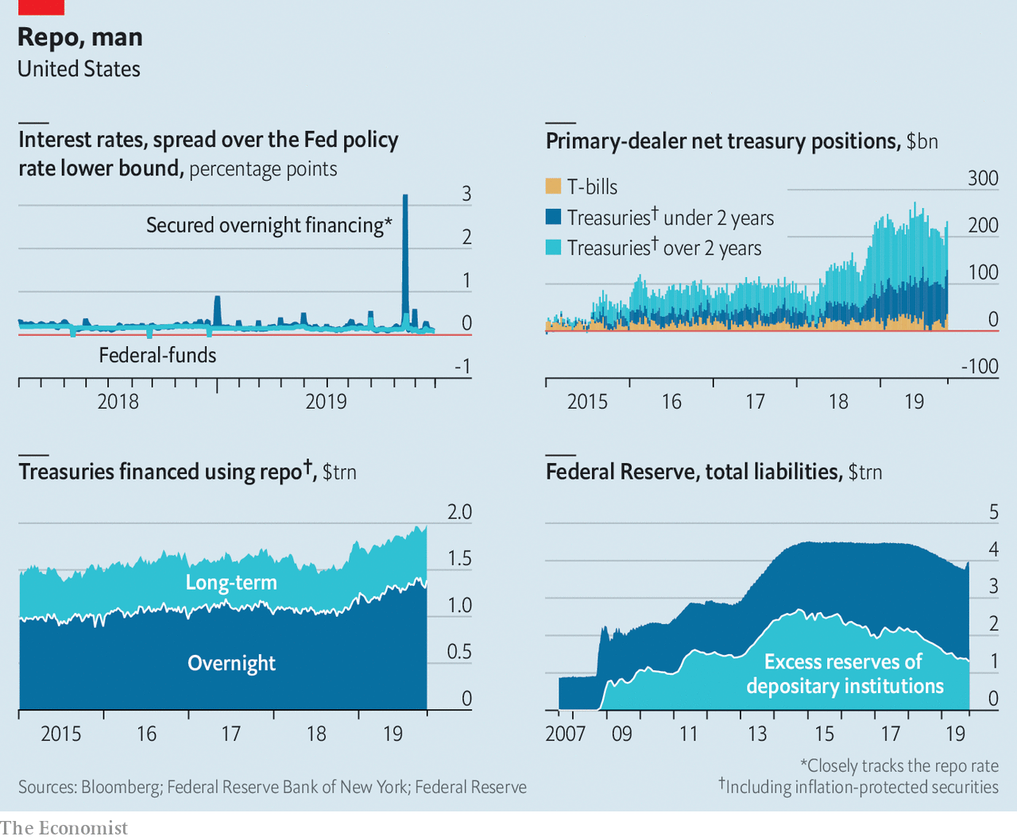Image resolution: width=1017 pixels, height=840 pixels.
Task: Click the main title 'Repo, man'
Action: [x=80, y=37]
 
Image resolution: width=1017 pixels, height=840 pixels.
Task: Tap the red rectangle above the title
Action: [x=41, y=6]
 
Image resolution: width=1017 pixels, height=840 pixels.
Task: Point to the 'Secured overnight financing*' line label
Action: [x=269, y=225]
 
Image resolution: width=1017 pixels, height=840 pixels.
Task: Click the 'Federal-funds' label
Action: [x=157, y=355]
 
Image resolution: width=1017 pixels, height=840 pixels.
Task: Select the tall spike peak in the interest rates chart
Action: [x=405, y=197]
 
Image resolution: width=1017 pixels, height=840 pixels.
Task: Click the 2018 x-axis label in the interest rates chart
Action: [x=118, y=402]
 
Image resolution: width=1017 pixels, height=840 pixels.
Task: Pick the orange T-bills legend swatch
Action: [x=553, y=187]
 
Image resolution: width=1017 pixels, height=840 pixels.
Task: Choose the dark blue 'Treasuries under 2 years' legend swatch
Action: [x=553, y=217]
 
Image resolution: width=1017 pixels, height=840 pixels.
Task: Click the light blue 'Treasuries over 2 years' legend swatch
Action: [x=553, y=247]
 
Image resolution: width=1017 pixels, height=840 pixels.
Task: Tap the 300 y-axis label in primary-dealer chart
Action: [x=983, y=179]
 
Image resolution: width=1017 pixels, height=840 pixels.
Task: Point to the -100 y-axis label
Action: [x=980, y=367]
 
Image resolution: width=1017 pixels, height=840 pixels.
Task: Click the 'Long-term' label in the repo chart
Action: [x=231, y=583]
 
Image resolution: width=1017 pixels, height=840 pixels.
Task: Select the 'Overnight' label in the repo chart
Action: [x=231, y=663]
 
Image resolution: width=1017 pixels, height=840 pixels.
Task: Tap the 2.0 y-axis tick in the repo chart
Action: [x=459, y=512]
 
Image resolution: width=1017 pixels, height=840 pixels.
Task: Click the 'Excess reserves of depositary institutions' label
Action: [x=845, y=674]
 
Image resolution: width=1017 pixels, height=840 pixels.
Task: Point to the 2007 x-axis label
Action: [x=565, y=734]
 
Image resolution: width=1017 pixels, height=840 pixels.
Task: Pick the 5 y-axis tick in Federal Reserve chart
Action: [x=993, y=512]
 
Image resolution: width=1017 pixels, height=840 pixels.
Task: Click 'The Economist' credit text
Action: [x=64, y=828]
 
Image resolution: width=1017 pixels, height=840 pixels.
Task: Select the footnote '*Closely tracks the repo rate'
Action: [x=899, y=766]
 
